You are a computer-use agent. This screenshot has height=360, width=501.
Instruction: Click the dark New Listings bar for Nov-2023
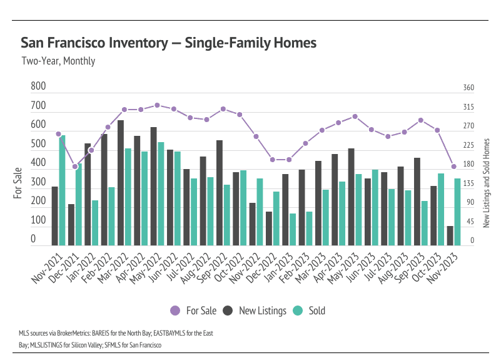coord(450,235)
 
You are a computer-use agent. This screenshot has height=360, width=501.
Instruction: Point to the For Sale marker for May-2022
coord(157,105)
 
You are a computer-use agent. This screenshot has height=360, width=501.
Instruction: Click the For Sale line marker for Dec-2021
coord(75,167)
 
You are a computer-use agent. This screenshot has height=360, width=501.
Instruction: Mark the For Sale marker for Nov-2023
coord(454,167)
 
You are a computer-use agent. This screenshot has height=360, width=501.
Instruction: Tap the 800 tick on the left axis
coord(38,86)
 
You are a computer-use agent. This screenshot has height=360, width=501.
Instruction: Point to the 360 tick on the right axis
coord(468,88)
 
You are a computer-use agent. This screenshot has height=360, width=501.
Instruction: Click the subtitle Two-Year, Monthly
coord(58,61)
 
